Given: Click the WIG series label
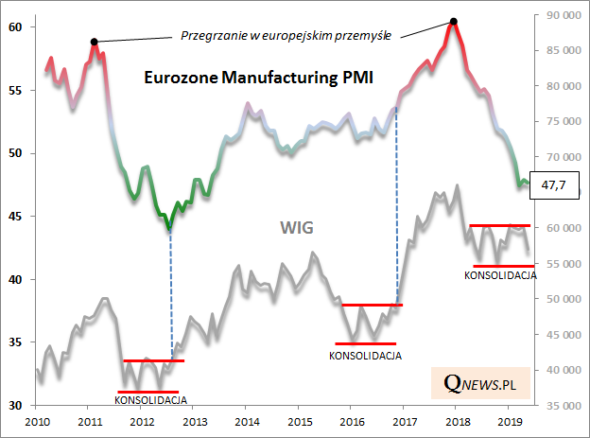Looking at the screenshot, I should click(296, 227).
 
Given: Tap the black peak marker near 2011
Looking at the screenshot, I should click(94, 42).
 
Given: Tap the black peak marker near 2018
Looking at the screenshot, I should click(454, 21).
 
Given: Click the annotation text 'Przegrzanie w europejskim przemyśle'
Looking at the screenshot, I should click(286, 35).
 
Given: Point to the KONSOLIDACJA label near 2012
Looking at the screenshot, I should click(149, 399).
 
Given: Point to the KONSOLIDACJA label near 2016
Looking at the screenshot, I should click(365, 356).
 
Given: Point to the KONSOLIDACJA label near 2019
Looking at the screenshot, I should click(500, 275).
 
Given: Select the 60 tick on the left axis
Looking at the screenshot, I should click(15, 27).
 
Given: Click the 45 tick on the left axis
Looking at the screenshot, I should click(15, 217).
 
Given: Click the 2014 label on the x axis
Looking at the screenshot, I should click(248, 421).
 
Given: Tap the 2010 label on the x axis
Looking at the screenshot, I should click(38, 421).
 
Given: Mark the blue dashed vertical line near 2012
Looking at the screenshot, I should click(170, 293).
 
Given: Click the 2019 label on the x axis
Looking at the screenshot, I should click(511, 421).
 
